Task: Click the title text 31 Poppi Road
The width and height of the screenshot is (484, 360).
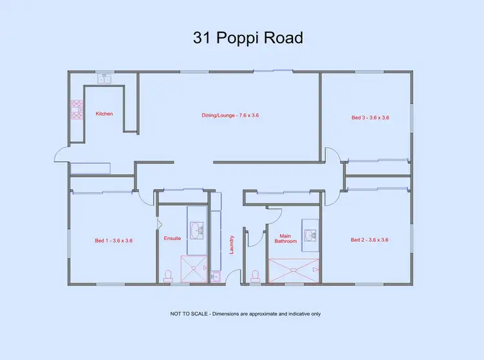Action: point(248,38)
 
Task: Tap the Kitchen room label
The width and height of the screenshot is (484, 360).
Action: point(104,114)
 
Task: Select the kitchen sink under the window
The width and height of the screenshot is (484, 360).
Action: point(105,79)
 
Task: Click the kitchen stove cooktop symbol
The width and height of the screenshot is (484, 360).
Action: point(76,110)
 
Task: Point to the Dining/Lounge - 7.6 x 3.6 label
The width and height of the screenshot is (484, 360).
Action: point(230,115)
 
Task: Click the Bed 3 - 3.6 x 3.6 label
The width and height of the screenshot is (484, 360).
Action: point(370,118)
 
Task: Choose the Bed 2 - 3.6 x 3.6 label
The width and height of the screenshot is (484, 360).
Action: point(369,240)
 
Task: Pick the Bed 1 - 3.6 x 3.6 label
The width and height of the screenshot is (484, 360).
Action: point(114,241)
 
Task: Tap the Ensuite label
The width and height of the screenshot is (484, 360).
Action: point(172,238)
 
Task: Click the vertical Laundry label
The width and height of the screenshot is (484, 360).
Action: point(232,244)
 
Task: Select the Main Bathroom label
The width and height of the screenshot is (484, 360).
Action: point(287,239)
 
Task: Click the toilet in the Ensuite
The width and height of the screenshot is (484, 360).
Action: point(168,275)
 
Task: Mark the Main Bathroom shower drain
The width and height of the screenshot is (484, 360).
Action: point(294,270)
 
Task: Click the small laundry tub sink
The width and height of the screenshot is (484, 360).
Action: point(216,276)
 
